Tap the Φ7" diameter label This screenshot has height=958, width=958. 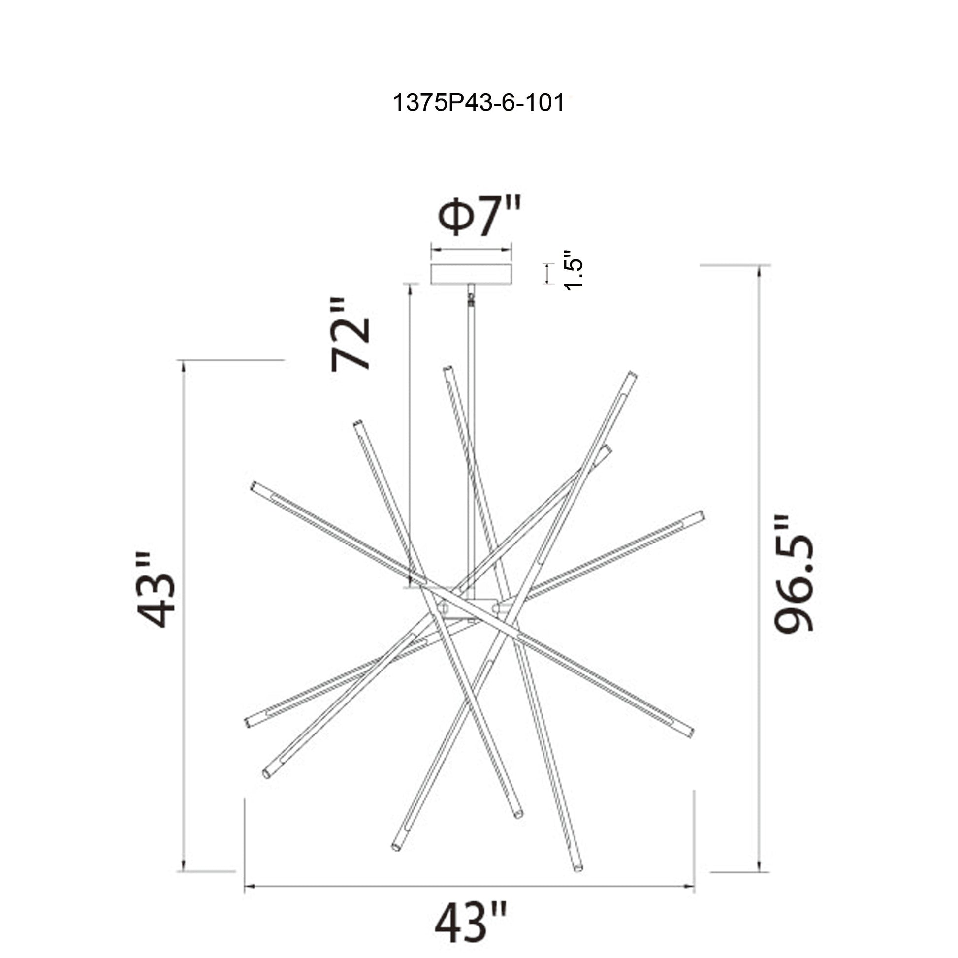(x=479, y=217)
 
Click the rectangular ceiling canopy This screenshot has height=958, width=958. (x=471, y=274)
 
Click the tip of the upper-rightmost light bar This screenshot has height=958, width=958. (x=632, y=375)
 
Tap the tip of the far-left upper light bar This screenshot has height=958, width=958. (x=255, y=485)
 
